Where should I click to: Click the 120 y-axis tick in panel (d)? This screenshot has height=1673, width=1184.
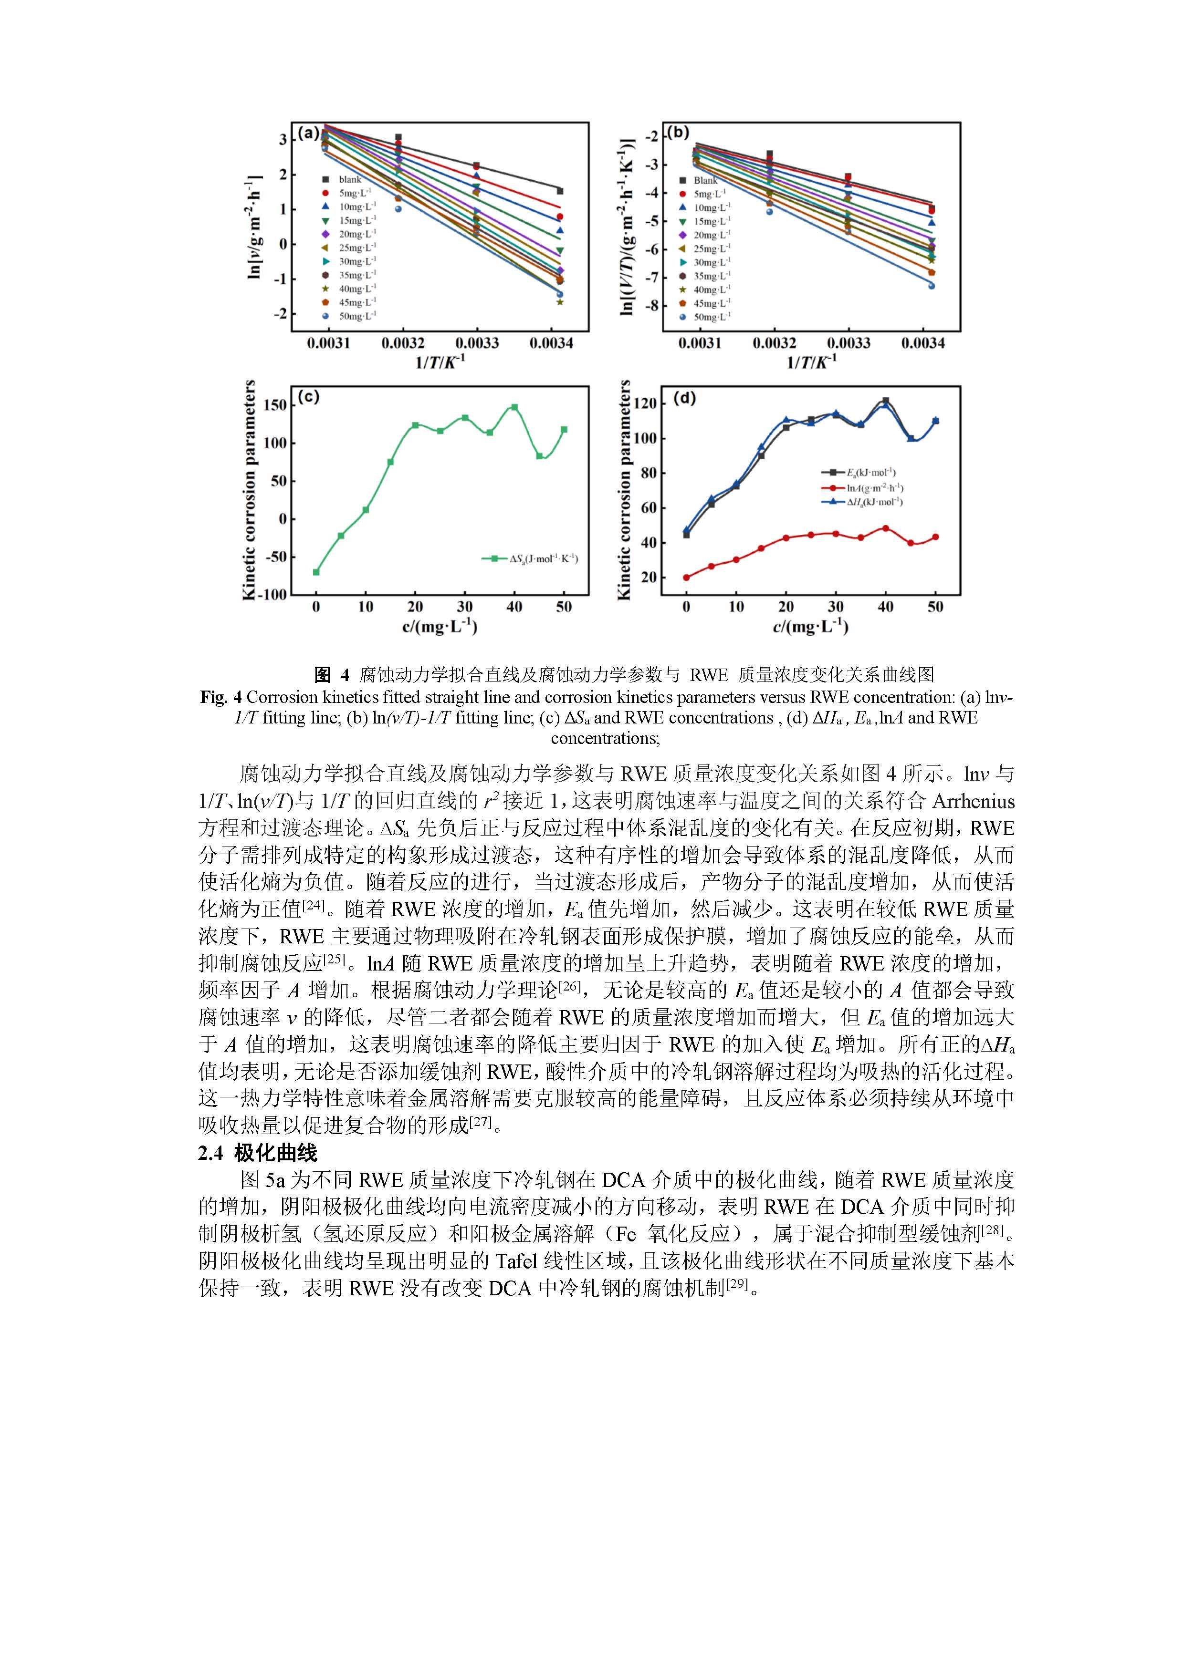(x=646, y=403)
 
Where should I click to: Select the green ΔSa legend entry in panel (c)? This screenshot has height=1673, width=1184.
(x=531, y=558)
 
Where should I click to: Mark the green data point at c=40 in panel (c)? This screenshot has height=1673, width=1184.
(x=514, y=407)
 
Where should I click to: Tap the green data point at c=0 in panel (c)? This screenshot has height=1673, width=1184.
(x=315, y=572)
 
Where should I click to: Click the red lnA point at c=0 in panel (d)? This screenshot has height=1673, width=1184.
(x=686, y=577)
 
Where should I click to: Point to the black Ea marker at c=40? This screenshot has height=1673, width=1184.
(x=885, y=401)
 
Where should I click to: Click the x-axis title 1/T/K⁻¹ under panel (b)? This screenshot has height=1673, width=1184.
(x=811, y=362)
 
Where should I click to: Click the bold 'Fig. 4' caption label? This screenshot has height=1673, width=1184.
(x=220, y=697)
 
